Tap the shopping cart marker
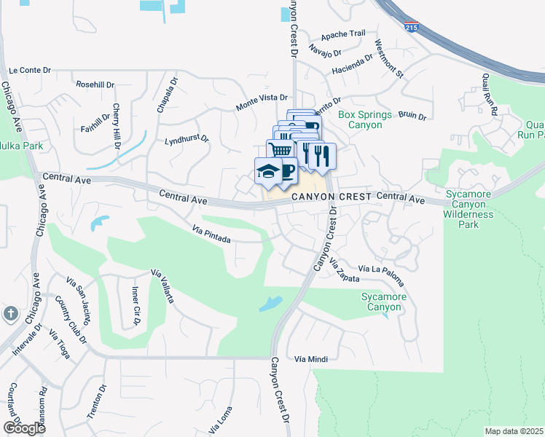click(278, 150)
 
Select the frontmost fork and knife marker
click(322, 155)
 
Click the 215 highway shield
click(410, 27)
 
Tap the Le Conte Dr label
click(29, 71)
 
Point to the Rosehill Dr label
click(95, 84)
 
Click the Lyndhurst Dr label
click(187, 138)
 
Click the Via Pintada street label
click(212, 234)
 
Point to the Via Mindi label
click(311, 359)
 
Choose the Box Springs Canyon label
click(365, 120)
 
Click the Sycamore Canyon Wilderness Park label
click(469, 209)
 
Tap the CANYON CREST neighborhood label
click(332, 197)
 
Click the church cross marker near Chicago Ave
click(10, 314)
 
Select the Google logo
click(23, 428)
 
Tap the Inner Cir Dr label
click(136, 305)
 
